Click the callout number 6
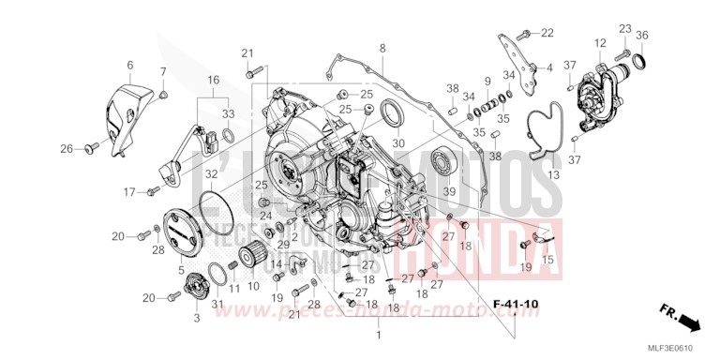coord(129,65)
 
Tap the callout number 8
coord(382,48)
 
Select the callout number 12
coord(600,42)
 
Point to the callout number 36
coord(641,36)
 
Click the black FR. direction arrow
coord(690,323)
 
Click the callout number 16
coord(214,81)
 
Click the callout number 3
coord(196,319)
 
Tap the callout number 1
coord(379,335)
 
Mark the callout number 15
coord(548,259)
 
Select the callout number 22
coord(547,34)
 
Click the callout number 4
coord(549,68)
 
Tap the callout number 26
coord(67,149)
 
